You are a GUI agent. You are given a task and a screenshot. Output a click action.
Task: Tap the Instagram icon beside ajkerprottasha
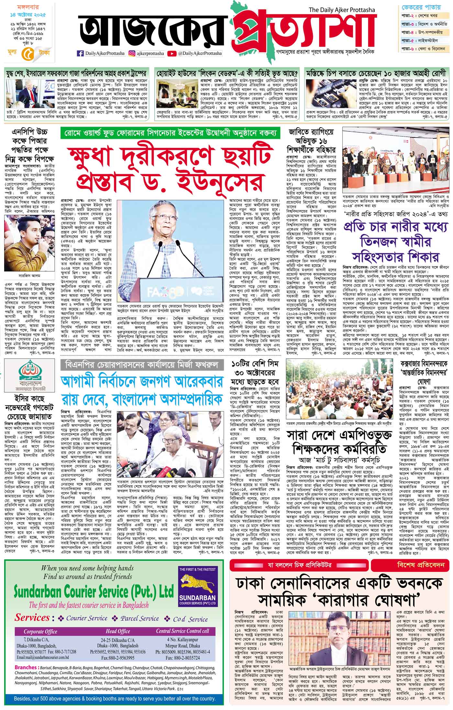(132, 53)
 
